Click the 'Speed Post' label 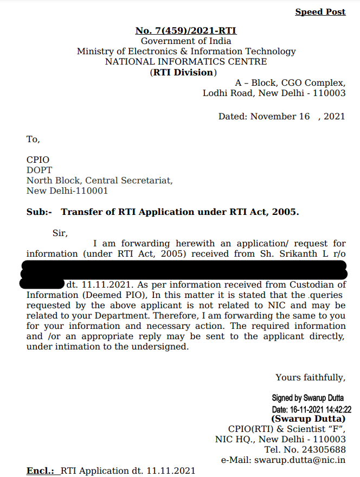coord(320,12)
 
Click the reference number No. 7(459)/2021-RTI coord(185,31)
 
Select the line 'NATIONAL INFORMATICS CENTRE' coord(186,62)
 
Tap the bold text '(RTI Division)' coord(183,72)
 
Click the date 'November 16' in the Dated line coord(280,117)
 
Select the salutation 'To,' coord(33,139)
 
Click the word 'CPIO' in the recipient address coord(38,160)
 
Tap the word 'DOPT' coord(40,170)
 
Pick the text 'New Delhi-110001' coord(67,191)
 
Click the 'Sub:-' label coord(39,212)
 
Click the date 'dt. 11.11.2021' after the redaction coord(98,285)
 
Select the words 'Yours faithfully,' coord(310,378)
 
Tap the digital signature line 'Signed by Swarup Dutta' coord(307,398)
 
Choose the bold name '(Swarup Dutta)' coord(308,419)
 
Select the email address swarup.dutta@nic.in coord(306,460)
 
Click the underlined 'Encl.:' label coord(41,470)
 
